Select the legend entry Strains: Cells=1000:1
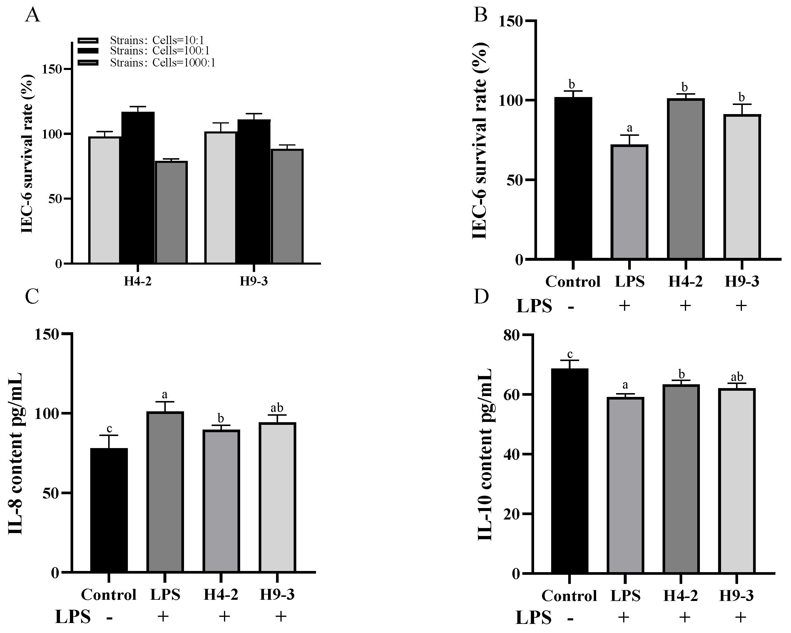point(162,63)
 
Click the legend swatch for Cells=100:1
point(88,51)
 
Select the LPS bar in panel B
point(629,202)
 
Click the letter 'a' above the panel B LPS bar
point(630,128)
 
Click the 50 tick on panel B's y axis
point(514,180)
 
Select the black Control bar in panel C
point(109,510)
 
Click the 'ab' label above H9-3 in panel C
point(277,408)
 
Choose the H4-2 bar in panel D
point(681,479)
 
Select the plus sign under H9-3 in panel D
point(740,617)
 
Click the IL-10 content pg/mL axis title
point(485,454)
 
